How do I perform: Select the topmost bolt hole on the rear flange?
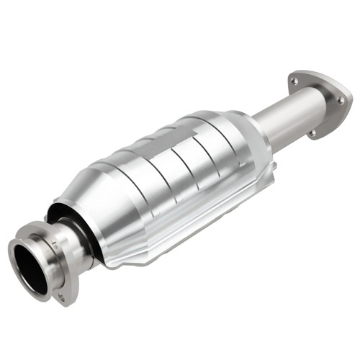(x=294, y=82)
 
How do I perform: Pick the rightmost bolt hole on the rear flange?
(x=340, y=101)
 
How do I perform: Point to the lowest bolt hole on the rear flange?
(x=311, y=133)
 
